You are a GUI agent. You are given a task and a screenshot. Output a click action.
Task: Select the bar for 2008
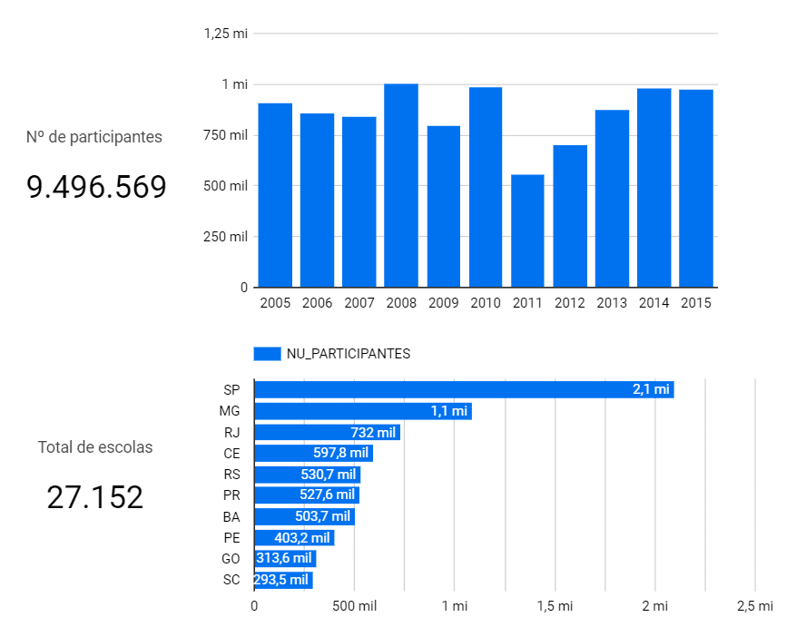401,185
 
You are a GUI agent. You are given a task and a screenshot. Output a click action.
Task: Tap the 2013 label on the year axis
612,303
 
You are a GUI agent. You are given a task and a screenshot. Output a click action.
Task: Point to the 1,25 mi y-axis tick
226,34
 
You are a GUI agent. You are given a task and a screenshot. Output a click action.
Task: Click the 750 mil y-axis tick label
225,135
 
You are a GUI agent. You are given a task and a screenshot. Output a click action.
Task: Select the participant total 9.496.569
96,188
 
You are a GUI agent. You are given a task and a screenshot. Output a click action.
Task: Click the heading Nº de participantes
94,137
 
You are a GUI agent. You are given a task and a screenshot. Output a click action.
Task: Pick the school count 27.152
95,497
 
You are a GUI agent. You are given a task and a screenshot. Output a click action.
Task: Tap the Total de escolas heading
95,447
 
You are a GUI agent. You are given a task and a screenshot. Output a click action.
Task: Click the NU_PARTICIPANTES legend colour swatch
267,354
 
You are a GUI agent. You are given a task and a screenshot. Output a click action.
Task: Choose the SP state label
231,390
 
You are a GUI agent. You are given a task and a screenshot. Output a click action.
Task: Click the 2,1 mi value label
651,389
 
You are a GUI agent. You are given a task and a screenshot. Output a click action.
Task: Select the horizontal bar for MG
362,411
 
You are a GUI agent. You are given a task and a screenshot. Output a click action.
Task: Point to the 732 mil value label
372,432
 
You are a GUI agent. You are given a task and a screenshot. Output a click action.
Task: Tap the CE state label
231,453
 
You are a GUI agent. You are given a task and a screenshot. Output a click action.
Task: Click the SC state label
231,580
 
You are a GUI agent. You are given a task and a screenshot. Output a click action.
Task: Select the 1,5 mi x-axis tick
555,606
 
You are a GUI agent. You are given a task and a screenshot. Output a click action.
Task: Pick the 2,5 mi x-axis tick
755,606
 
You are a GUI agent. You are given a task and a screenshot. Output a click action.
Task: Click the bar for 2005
275,195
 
